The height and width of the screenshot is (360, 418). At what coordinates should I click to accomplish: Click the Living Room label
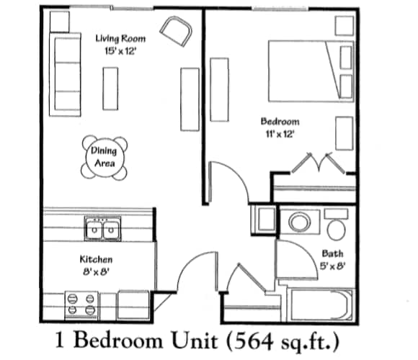pos(121,39)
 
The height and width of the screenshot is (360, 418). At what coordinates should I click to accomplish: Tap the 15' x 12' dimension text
pos(120,51)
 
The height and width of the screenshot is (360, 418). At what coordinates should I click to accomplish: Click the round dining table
pos(104,158)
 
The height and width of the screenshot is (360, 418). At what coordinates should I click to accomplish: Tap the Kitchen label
pos(95,258)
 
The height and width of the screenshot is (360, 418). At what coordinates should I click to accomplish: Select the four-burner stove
pos(82,304)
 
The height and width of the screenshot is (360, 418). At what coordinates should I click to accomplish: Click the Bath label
pos(332,253)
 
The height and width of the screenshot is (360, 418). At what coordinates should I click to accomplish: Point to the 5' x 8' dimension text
pos(332,266)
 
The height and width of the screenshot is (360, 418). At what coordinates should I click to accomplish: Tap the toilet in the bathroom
pos(335,225)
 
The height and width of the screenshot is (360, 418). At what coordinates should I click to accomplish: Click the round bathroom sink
pos(299,222)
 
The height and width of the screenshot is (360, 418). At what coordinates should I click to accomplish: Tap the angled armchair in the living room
pos(177,31)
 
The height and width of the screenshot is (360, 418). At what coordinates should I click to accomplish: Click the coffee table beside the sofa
pos(110,88)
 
